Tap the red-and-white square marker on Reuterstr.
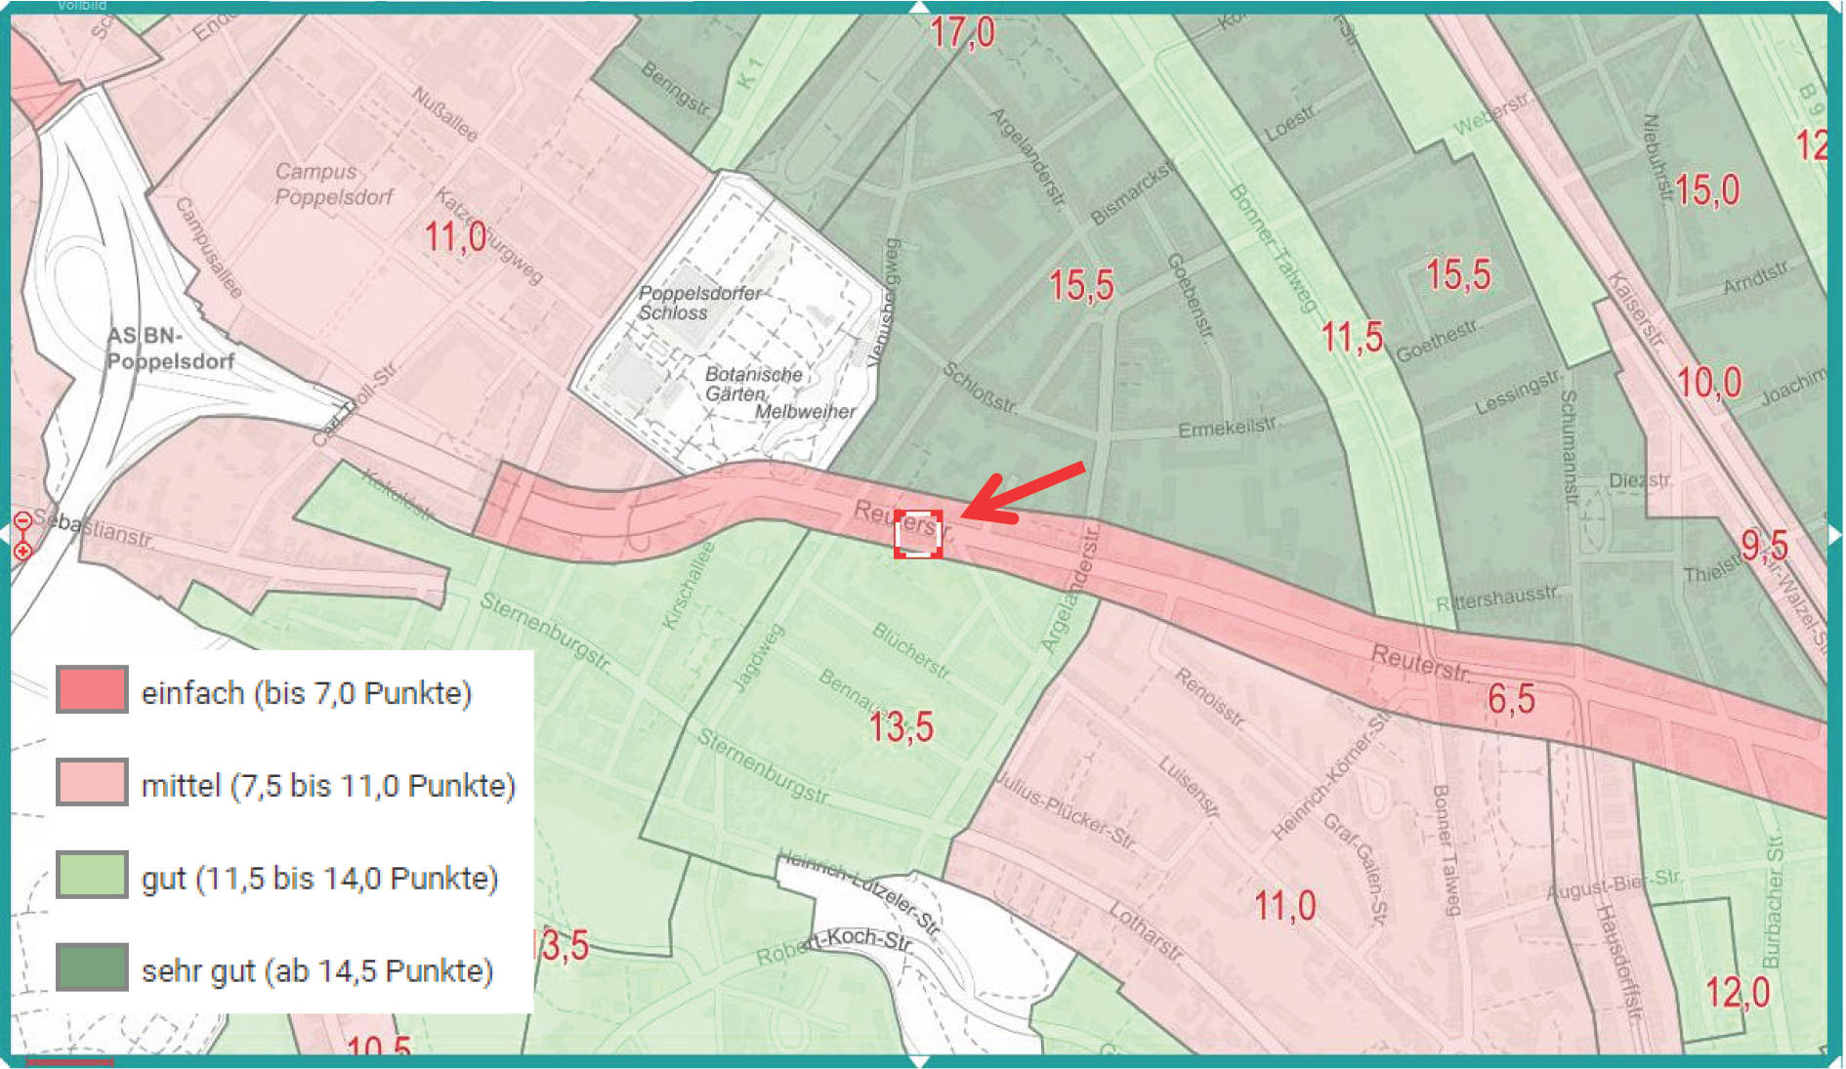click(918, 534)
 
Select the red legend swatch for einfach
click(92, 690)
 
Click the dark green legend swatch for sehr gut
click(92, 967)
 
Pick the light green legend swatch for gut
click(92, 875)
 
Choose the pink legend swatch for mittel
click(92, 782)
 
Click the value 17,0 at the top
click(962, 33)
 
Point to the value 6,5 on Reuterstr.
click(1511, 699)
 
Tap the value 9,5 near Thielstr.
click(1764, 546)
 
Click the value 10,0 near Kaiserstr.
click(1708, 383)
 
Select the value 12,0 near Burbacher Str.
click(1737, 993)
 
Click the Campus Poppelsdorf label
click(333, 185)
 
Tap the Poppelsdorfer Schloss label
click(699, 303)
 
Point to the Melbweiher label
click(805, 412)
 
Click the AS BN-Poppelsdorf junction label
click(170, 349)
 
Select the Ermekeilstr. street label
click(1227, 429)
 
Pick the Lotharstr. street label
click(1146, 931)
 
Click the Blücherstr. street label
click(911, 650)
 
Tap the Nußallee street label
click(444, 113)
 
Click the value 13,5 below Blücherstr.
click(901, 727)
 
